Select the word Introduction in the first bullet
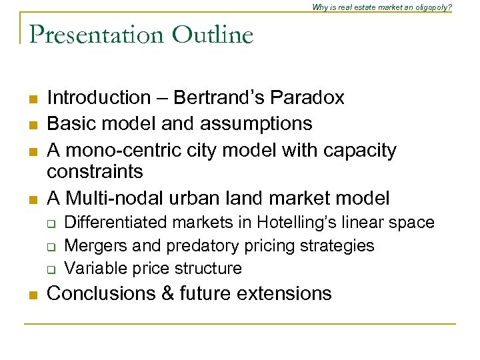99,98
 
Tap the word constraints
95,172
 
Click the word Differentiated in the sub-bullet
111,223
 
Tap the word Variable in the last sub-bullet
93,269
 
